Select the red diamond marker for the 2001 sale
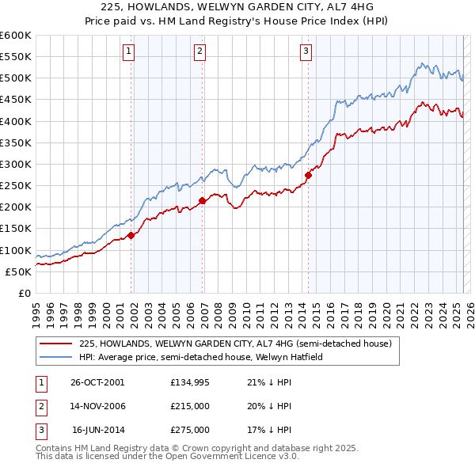131,234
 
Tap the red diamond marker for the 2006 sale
202,200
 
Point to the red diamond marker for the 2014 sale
308,175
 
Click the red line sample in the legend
56,344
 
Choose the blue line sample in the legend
56,357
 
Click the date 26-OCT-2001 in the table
98,382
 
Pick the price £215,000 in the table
190,406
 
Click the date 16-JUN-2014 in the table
98,430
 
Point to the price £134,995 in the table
190,382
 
